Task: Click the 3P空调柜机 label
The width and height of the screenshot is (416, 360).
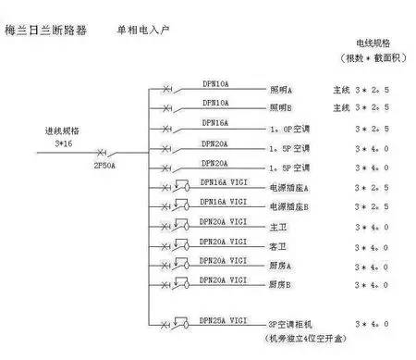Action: [290, 325]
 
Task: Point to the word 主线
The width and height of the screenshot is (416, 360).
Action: [342, 92]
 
